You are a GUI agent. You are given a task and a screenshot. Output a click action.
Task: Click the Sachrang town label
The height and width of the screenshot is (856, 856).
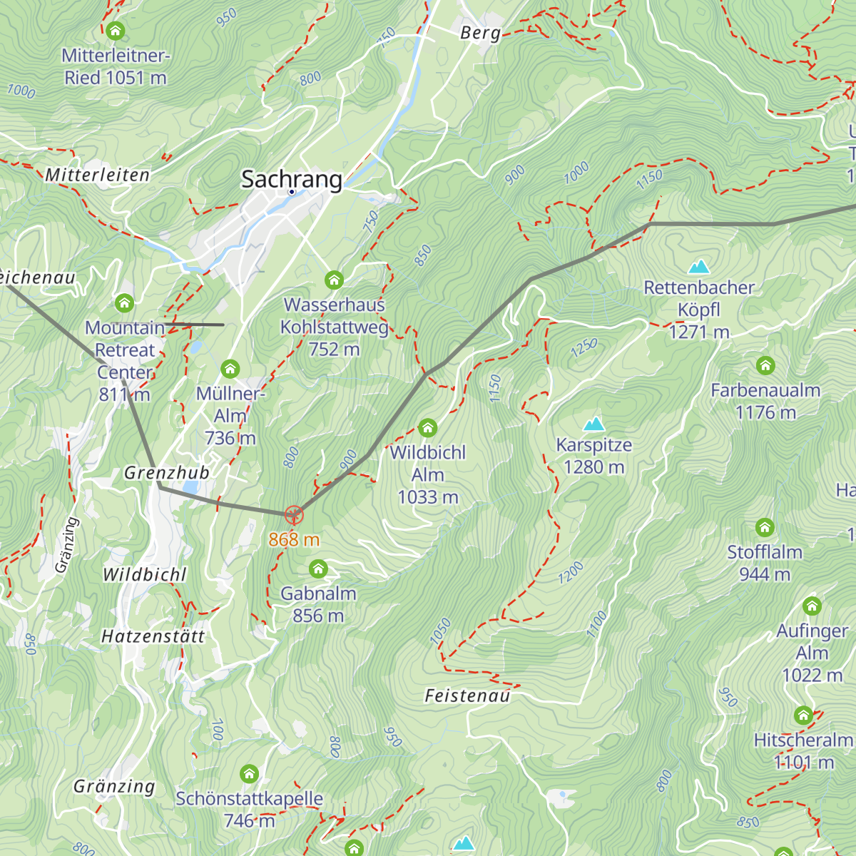point(291,179)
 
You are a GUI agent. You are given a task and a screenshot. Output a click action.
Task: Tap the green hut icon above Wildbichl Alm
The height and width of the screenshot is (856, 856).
point(427,428)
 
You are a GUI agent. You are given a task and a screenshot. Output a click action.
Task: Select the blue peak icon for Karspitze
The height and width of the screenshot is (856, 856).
point(593,425)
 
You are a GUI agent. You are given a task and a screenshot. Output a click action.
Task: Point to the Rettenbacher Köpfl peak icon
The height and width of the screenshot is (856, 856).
point(698,267)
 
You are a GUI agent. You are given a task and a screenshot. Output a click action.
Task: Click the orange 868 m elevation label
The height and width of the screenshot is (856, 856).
point(294,539)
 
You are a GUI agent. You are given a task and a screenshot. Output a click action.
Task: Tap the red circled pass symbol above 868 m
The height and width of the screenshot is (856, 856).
point(294,514)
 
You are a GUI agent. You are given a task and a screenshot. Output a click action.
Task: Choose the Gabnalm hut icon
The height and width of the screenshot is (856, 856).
point(318,569)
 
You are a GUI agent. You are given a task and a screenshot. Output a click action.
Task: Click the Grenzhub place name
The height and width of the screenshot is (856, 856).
point(167,473)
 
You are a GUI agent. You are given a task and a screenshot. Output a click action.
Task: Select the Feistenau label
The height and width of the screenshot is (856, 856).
point(467,695)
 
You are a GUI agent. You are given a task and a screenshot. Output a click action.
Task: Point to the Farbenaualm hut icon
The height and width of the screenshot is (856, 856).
point(765,366)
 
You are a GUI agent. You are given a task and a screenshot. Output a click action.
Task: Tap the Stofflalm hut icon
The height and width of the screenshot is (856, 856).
point(765,528)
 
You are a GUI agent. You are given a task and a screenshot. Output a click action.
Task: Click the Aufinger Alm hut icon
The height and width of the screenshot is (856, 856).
point(812,606)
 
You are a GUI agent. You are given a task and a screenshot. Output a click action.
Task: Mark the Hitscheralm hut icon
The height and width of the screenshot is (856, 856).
point(804,715)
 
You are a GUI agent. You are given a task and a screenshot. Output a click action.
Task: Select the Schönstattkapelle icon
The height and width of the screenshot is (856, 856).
point(249,774)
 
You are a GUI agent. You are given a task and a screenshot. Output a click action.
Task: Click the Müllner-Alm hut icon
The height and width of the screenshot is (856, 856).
point(230,369)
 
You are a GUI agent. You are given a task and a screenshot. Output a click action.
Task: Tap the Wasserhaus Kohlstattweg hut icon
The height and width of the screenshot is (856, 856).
point(334,280)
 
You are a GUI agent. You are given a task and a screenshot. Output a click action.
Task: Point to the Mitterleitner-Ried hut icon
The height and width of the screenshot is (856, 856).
point(115,31)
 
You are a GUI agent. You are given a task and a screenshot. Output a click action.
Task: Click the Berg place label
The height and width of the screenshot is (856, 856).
point(480,33)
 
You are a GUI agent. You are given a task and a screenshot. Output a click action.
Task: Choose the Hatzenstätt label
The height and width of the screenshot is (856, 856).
point(153,636)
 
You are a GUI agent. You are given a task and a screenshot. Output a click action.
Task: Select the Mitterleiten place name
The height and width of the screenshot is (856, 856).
point(97,175)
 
